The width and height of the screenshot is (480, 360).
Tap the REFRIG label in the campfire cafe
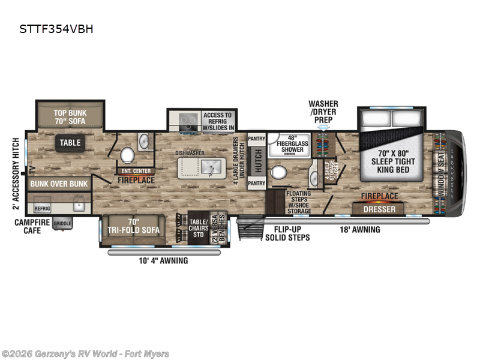[42, 209]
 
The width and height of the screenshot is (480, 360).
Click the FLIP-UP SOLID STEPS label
[288, 233]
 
